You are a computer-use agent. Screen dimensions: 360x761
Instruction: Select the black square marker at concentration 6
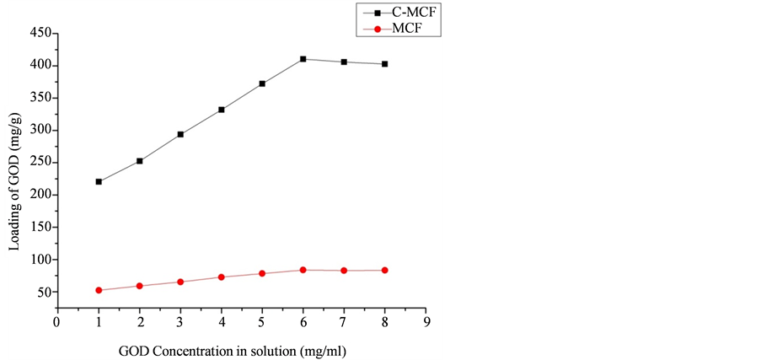[303, 59]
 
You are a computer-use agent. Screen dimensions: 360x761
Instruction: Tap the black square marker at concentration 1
[99, 181]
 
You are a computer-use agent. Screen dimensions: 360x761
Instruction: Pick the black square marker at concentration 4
[222, 110]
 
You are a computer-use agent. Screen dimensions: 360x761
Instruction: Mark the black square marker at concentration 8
[384, 64]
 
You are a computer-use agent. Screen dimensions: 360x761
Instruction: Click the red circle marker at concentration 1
[99, 290]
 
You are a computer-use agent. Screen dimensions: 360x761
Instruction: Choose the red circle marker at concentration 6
[303, 270]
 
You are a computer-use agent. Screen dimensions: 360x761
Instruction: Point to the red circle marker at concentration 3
[180, 282]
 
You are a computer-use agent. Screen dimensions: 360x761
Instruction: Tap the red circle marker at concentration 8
[384, 270]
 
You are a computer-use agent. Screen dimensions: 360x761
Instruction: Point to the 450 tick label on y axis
[38, 34]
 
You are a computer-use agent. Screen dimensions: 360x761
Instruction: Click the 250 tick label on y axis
[38, 163]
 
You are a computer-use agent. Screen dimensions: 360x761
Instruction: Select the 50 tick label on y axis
[41, 293]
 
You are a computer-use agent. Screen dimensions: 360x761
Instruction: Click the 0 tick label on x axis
[57, 322]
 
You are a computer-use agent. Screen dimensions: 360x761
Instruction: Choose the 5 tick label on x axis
[262, 322]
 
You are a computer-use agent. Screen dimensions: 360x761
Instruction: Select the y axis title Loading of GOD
[13, 180]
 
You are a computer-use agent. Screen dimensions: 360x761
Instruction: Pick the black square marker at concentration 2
[140, 160]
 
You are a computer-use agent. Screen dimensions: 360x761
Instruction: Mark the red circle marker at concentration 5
[262, 273]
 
